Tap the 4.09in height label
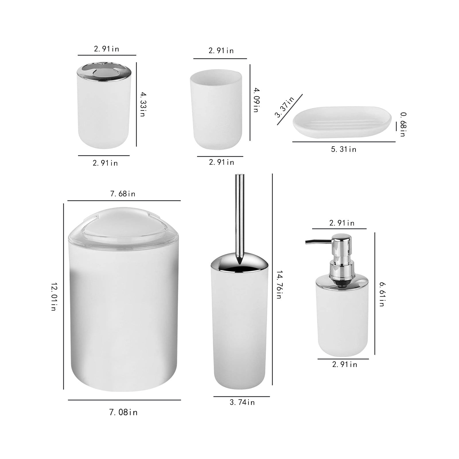256,100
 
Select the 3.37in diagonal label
285,107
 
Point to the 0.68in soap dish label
403,124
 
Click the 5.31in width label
343,149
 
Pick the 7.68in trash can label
122,194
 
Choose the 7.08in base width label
123,413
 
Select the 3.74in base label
242,402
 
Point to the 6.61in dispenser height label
382,294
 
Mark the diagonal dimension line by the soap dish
290,110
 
